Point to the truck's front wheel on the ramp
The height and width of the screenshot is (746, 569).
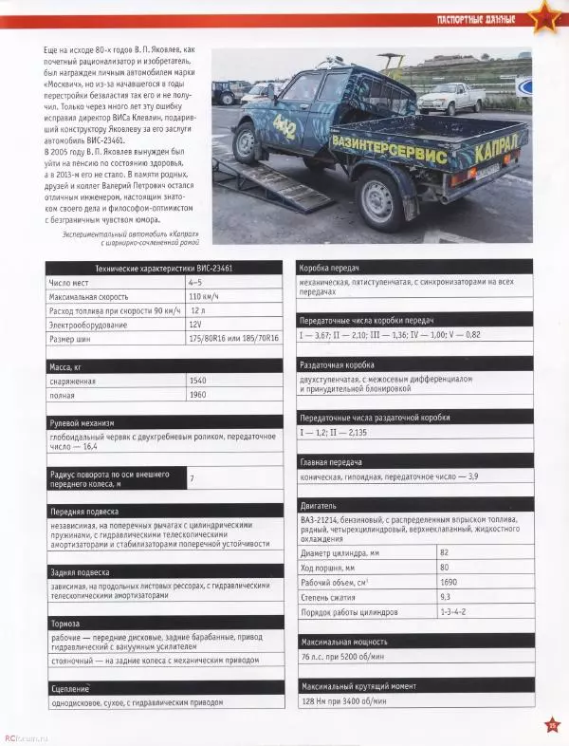247,142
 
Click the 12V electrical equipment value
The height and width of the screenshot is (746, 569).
195,324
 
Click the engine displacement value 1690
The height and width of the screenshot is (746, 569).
450,581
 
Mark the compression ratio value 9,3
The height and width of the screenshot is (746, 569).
445,595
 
